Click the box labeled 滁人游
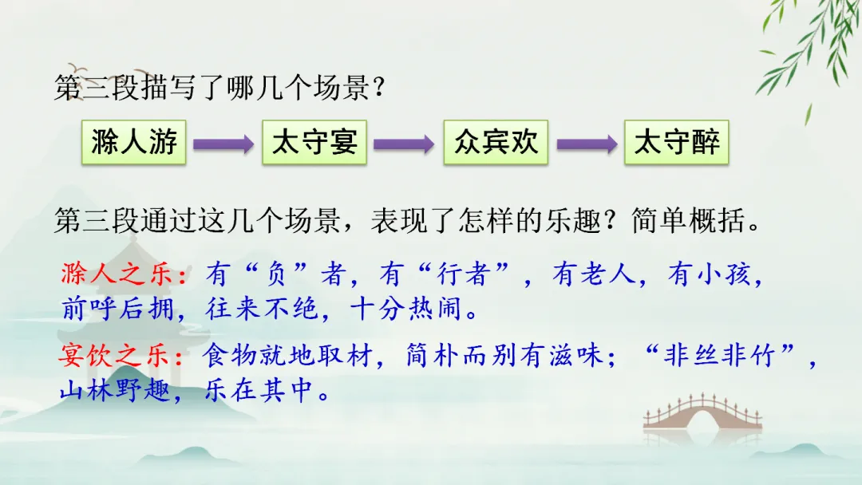coord(133,142)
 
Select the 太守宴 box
coord(314,142)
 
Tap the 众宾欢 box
coord(496,142)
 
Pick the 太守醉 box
coord(677,142)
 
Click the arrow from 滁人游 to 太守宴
coord(223,144)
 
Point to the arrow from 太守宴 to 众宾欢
coord(404,144)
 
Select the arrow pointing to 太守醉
coord(587,144)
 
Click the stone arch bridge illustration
coord(702,416)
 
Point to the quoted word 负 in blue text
coord(275,274)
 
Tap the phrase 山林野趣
coord(116,391)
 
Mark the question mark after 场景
coord(378,88)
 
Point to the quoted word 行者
coord(463,274)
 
